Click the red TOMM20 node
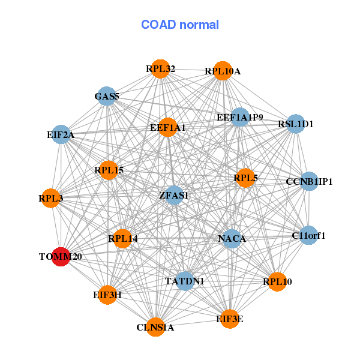click(61, 256)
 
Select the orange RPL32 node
click(160, 69)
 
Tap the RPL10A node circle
click(223, 71)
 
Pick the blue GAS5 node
click(106, 96)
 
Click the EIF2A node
click(61, 135)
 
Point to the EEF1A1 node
click(168, 127)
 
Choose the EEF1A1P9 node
click(240, 118)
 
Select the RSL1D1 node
click(296, 124)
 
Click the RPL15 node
click(109, 170)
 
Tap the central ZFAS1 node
click(174, 195)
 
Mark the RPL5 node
click(245, 178)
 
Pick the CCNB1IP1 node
click(308, 181)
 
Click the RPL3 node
click(51, 197)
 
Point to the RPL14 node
click(122, 239)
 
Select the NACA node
click(232, 239)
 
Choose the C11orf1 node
click(308, 236)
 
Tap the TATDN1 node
click(184, 281)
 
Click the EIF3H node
click(107, 295)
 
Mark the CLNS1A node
click(155, 327)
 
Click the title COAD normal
click(180, 25)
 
